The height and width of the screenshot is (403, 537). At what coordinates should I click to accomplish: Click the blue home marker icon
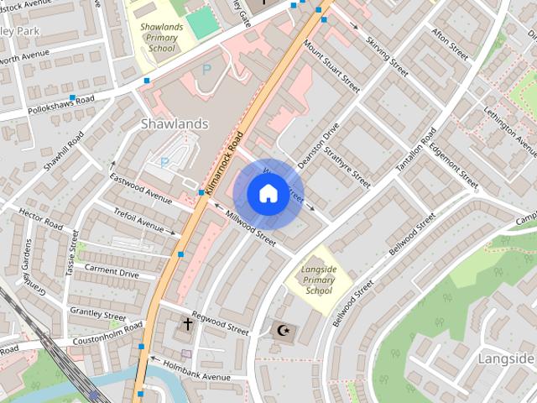click(x=268, y=194)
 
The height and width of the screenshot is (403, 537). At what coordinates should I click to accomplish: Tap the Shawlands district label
click(x=175, y=124)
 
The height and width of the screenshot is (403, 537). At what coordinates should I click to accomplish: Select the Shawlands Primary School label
click(x=161, y=37)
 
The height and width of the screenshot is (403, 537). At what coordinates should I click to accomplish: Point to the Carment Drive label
click(x=112, y=273)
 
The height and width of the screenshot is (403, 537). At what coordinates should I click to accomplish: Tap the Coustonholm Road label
click(x=86, y=340)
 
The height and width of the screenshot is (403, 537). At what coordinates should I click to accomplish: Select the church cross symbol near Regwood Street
click(x=187, y=323)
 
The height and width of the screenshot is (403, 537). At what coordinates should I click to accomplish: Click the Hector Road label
click(x=40, y=220)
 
